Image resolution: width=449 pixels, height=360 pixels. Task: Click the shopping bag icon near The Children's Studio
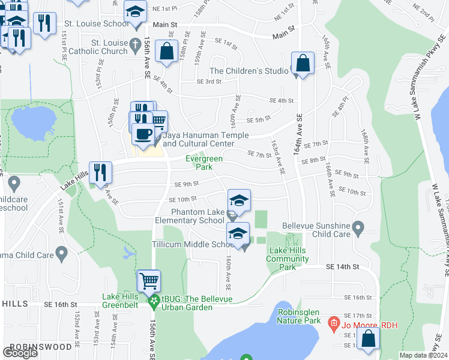[x=303, y=64]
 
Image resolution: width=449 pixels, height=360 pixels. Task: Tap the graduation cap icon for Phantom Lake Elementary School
[x=239, y=200]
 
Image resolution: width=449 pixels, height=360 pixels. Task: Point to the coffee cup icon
[x=143, y=134]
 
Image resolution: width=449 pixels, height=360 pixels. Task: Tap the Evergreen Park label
[x=203, y=163]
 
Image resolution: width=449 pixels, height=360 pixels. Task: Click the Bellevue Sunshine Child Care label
[x=317, y=229]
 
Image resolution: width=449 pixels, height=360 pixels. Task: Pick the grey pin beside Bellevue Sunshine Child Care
[x=358, y=227]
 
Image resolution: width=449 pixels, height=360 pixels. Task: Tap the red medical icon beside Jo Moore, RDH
[x=334, y=325]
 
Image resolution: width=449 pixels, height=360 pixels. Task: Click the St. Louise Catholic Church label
[x=118, y=47]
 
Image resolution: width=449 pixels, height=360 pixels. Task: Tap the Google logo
[x=20, y=352]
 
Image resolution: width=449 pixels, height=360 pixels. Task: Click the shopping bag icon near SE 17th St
[x=368, y=339]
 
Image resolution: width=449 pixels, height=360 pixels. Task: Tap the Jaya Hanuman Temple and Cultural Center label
[x=197, y=140]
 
